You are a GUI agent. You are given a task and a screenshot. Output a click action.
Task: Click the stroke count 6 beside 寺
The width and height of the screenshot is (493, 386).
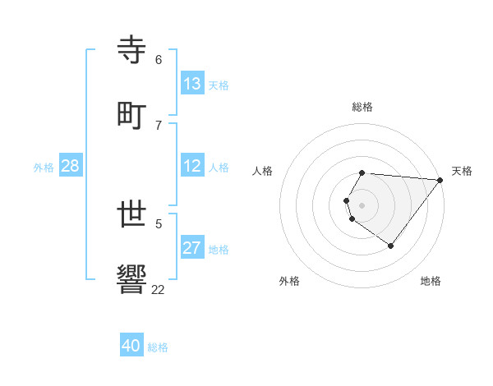click(159, 60)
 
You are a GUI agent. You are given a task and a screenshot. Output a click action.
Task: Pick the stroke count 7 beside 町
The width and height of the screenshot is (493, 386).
click(159, 125)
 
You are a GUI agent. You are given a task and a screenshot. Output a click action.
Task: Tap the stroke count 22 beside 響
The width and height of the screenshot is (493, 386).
click(159, 289)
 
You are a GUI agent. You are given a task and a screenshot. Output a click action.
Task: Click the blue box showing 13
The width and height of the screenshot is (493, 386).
click(192, 84)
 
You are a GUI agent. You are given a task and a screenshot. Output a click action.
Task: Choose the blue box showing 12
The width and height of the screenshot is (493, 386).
click(192, 166)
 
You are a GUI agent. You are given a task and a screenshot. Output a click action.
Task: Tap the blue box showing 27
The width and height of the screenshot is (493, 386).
click(192, 248)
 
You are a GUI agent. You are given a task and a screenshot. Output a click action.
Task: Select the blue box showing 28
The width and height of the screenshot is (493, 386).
click(71, 166)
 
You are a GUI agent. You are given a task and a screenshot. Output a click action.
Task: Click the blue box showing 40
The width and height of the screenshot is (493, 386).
click(131, 346)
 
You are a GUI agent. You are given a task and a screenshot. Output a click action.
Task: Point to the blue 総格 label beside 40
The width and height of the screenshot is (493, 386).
click(159, 347)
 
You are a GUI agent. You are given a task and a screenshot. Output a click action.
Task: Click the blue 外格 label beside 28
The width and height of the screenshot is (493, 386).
click(44, 168)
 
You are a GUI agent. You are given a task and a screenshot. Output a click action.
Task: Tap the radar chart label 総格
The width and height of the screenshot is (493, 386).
click(362, 107)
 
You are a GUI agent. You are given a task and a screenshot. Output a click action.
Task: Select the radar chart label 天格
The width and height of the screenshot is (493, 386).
click(462, 171)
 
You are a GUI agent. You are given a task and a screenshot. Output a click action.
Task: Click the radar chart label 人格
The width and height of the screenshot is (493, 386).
click(263, 171)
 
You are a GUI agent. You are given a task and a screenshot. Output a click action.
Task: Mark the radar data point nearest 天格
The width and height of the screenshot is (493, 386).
click(440, 180)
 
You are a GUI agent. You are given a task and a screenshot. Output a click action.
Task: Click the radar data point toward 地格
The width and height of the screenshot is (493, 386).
click(390, 246)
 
